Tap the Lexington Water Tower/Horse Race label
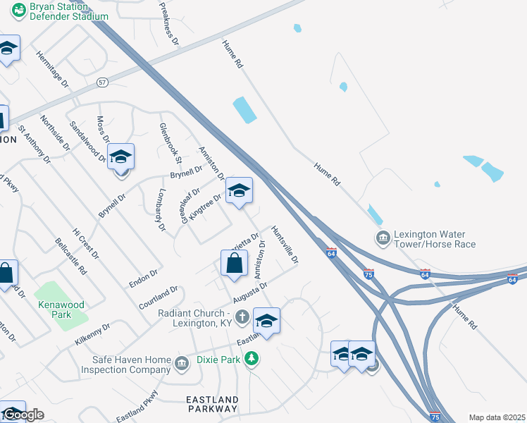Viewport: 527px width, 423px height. tap(435, 239)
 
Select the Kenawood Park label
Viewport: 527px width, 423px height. tap(61, 309)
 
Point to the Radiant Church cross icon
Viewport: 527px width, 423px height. tap(242, 317)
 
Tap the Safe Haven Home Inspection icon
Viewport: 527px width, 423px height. tap(182, 364)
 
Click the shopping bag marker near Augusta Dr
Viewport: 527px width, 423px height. tap(234, 265)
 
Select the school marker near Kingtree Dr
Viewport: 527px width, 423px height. tap(239, 191)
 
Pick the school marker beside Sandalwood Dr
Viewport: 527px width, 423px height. tap(121, 158)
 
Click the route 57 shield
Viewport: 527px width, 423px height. tap(103, 82)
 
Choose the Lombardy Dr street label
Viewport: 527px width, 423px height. tap(161, 210)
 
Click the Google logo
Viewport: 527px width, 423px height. tap(23, 415)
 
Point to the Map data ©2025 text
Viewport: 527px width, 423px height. tap(496, 417)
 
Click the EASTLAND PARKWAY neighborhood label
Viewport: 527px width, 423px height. tap(212, 404)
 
